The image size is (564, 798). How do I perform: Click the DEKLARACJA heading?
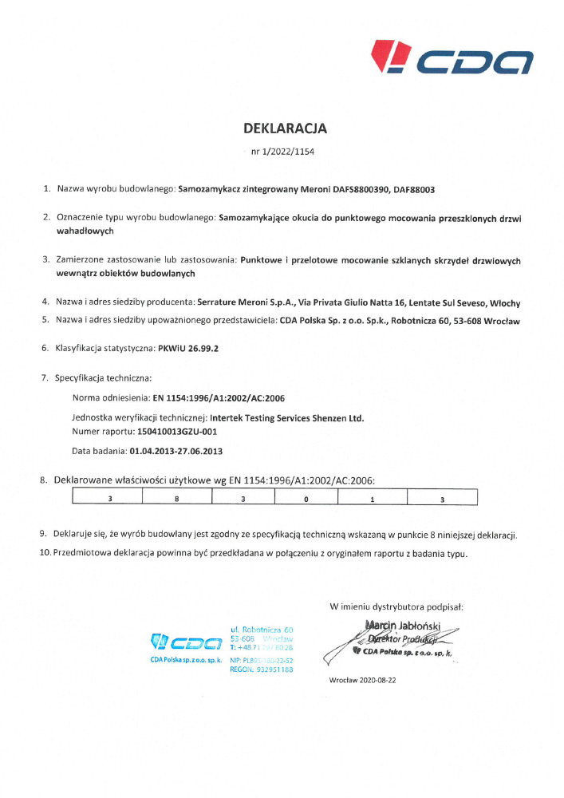coord(285,128)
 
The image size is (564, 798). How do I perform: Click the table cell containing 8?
coord(176,498)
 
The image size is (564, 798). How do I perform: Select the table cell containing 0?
coord(306,498)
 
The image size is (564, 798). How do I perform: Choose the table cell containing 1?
coord(373,498)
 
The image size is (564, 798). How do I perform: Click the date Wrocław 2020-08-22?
coord(363,680)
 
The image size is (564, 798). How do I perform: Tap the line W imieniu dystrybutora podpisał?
coord(397,606)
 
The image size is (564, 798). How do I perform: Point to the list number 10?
coord(45,553)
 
